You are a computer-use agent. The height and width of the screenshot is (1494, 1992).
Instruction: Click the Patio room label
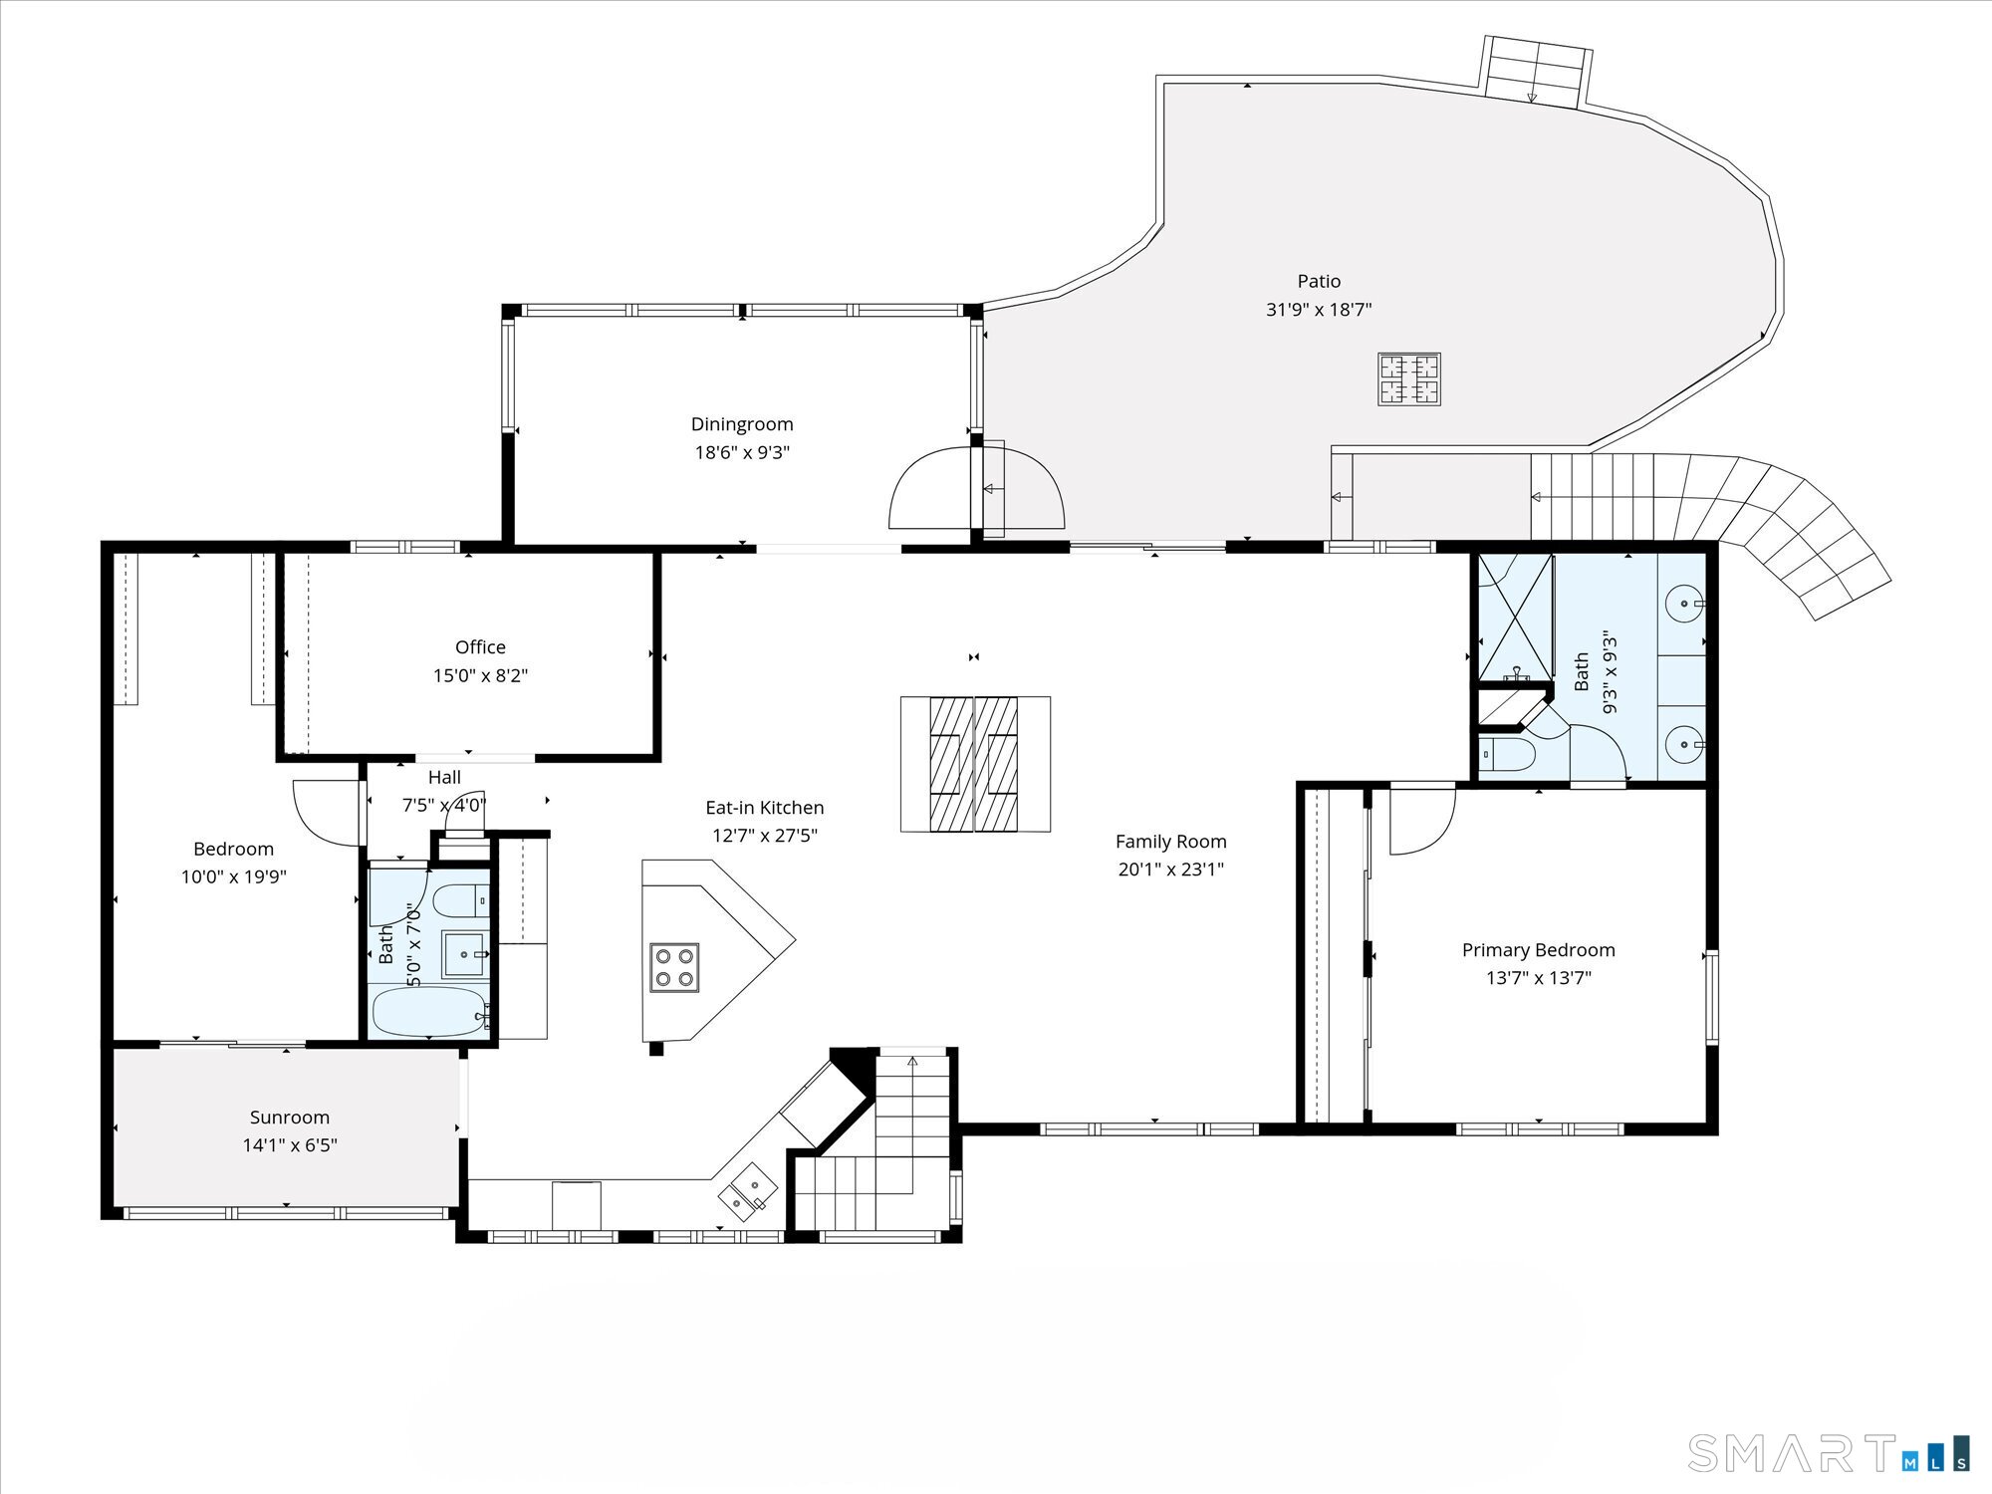[1319, 282]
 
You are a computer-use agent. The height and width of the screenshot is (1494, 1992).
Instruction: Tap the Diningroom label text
[742, 425]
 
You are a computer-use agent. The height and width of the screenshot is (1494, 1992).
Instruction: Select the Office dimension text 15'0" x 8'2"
[480, 676]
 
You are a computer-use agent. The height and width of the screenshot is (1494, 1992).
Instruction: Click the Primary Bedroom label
[1539, 950]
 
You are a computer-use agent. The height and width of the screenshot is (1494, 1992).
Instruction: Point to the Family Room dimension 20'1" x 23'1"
[1170, 870]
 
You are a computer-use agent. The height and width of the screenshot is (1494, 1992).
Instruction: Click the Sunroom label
[290, 1118]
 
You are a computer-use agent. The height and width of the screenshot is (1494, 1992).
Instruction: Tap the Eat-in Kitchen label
[765, 808]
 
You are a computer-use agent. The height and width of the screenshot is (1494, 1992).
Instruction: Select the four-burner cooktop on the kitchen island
[674, 967]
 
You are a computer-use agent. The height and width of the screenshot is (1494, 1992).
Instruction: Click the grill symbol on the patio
[1409, 379]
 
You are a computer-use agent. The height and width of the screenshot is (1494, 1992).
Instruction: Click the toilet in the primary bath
[1508, 754]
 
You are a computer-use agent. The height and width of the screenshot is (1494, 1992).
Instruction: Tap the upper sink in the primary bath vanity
[1684, 604]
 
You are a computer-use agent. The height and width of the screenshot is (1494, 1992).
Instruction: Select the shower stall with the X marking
[1515, 617]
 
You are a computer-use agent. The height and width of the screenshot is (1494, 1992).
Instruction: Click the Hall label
[444, 778]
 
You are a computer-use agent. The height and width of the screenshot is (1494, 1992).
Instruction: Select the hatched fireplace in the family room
[975, 764]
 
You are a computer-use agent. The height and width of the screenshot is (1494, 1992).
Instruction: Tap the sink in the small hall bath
[464, 953]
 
